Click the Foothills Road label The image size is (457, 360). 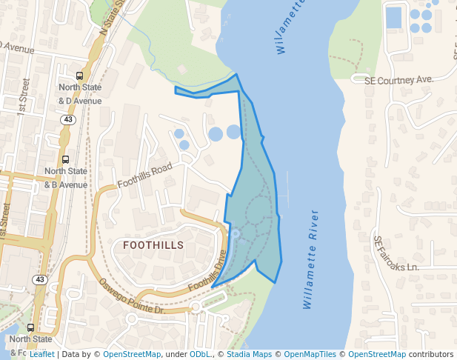click(x=144, y=176)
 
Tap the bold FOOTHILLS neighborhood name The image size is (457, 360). click(x=153, y=244)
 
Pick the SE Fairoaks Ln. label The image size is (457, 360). click(x=396, y=253)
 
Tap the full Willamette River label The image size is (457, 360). click(x=311, y=259)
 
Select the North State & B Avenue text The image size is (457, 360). click(x=66, y=178)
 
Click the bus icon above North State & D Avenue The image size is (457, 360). click(x=80, y=76)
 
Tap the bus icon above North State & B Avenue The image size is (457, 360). click(x=66, y=159)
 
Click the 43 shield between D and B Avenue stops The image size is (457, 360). click(x=67, y=119)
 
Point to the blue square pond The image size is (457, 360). click(x=393, y=16)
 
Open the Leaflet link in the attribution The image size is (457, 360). click(x=41, y=354)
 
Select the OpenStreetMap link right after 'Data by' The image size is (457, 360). click(x=132, y=354)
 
